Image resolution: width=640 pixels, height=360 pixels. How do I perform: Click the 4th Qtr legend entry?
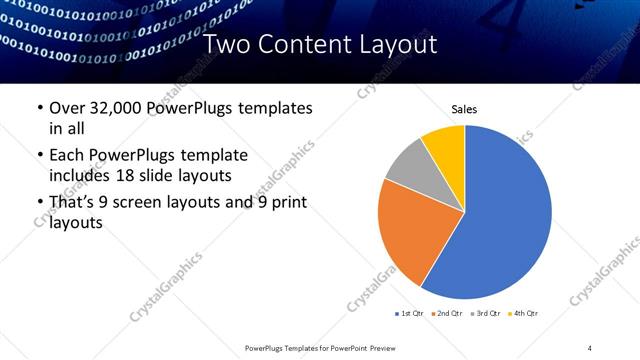click(526, 314)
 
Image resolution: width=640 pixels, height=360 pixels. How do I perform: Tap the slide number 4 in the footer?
click(590, 347)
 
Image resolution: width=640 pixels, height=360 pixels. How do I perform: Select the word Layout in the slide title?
click(397, 44)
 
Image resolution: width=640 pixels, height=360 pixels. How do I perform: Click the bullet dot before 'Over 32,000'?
click(39, 108)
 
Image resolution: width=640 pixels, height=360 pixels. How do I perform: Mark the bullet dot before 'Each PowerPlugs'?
click(39, 156)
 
